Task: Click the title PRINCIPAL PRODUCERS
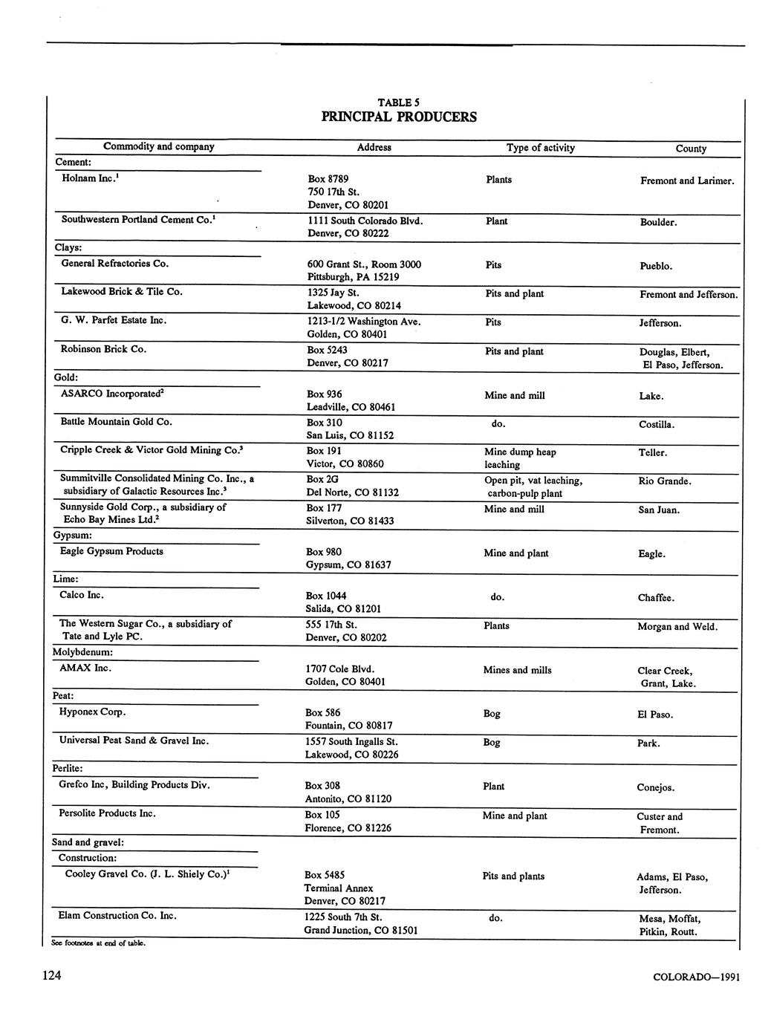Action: [x=399, y=117]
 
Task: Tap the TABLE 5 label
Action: [x=399, y=102]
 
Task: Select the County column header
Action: [x=691, y=149]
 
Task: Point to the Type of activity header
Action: [x=541, y=148]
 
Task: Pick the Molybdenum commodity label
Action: [x=82, y=652]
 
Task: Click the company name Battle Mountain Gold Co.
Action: [x=116, y=422]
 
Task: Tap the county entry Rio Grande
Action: [x=665, y=481]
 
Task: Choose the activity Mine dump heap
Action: [x=520, y=452]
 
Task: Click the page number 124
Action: [x=51, y=976]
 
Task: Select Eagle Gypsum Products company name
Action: [x=111, y=551]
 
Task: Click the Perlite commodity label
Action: [x=68, y=769]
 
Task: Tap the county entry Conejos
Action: [x=657, y=787]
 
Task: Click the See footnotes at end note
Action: [x=94, y=943]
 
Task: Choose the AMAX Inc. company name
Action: [x=85, y=668]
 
